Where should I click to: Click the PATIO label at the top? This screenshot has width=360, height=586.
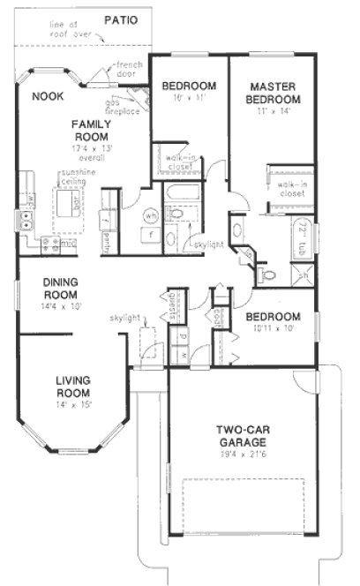119,19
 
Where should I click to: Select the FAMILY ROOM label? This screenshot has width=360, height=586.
90,131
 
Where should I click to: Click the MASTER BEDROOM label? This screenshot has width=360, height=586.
274,93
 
